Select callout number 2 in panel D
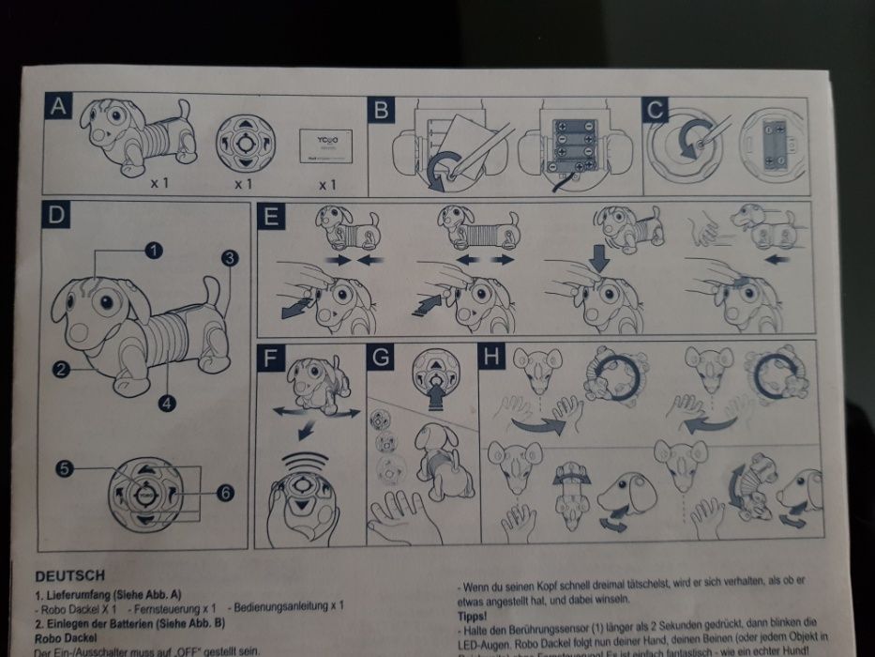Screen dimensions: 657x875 (63, 371)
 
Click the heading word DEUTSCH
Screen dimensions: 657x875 (69, 575)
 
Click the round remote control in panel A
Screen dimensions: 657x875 (244, 145)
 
